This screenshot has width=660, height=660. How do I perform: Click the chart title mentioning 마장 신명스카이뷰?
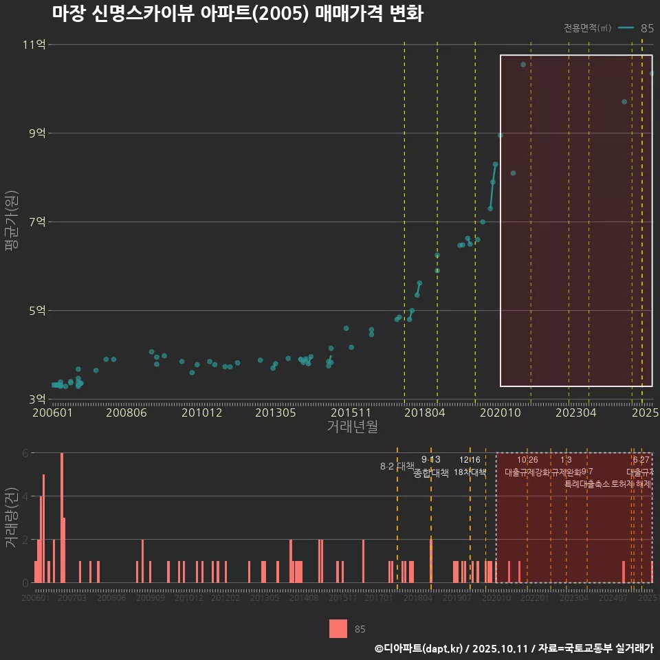237,14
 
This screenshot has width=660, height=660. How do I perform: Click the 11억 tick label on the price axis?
34,45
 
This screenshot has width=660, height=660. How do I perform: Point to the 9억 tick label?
36,133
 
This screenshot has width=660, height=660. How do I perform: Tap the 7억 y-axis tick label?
36,222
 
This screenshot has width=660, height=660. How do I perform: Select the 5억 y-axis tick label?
36,311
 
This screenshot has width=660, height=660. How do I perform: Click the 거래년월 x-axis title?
352,427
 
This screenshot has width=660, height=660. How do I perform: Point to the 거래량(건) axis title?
12,518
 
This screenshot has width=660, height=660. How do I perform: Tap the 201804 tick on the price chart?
424,412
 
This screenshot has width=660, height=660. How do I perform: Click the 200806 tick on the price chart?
126,412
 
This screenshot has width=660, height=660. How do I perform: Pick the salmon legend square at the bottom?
338,628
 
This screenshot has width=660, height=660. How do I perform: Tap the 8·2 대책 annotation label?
397,466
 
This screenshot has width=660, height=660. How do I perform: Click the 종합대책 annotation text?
431,472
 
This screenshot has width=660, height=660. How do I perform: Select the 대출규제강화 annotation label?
527,472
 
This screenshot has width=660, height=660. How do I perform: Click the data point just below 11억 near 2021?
523,65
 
